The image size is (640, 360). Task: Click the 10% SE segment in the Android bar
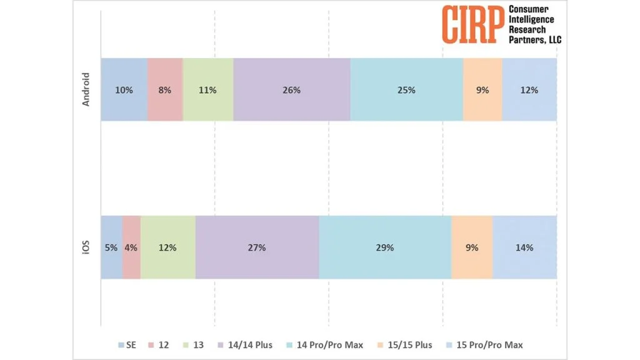tap(124, 89)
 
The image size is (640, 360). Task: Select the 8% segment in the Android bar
tap(165, 89)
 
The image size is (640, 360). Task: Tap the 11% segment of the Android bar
tap(207, 89)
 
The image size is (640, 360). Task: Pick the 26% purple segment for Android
tap(291, 89)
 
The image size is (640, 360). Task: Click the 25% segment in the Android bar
tap(406, 89)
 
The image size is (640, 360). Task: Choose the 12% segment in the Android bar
tap(529, 89)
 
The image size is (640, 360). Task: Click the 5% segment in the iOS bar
tap(111, 247)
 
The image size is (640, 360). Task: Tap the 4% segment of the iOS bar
tap(131, 247)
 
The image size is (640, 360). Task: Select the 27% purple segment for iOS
tap(257, 247)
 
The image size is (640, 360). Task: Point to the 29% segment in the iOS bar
tap(385, 247)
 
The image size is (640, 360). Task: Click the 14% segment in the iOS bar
tap(524, 247)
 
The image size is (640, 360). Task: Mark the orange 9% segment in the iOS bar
tap(472, 247)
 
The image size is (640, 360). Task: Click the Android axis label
tap(87, 89)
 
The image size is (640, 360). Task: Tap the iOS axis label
tap(87, 247)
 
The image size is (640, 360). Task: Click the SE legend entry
tap(128, 344)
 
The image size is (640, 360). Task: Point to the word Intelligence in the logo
tap(531, 19)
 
